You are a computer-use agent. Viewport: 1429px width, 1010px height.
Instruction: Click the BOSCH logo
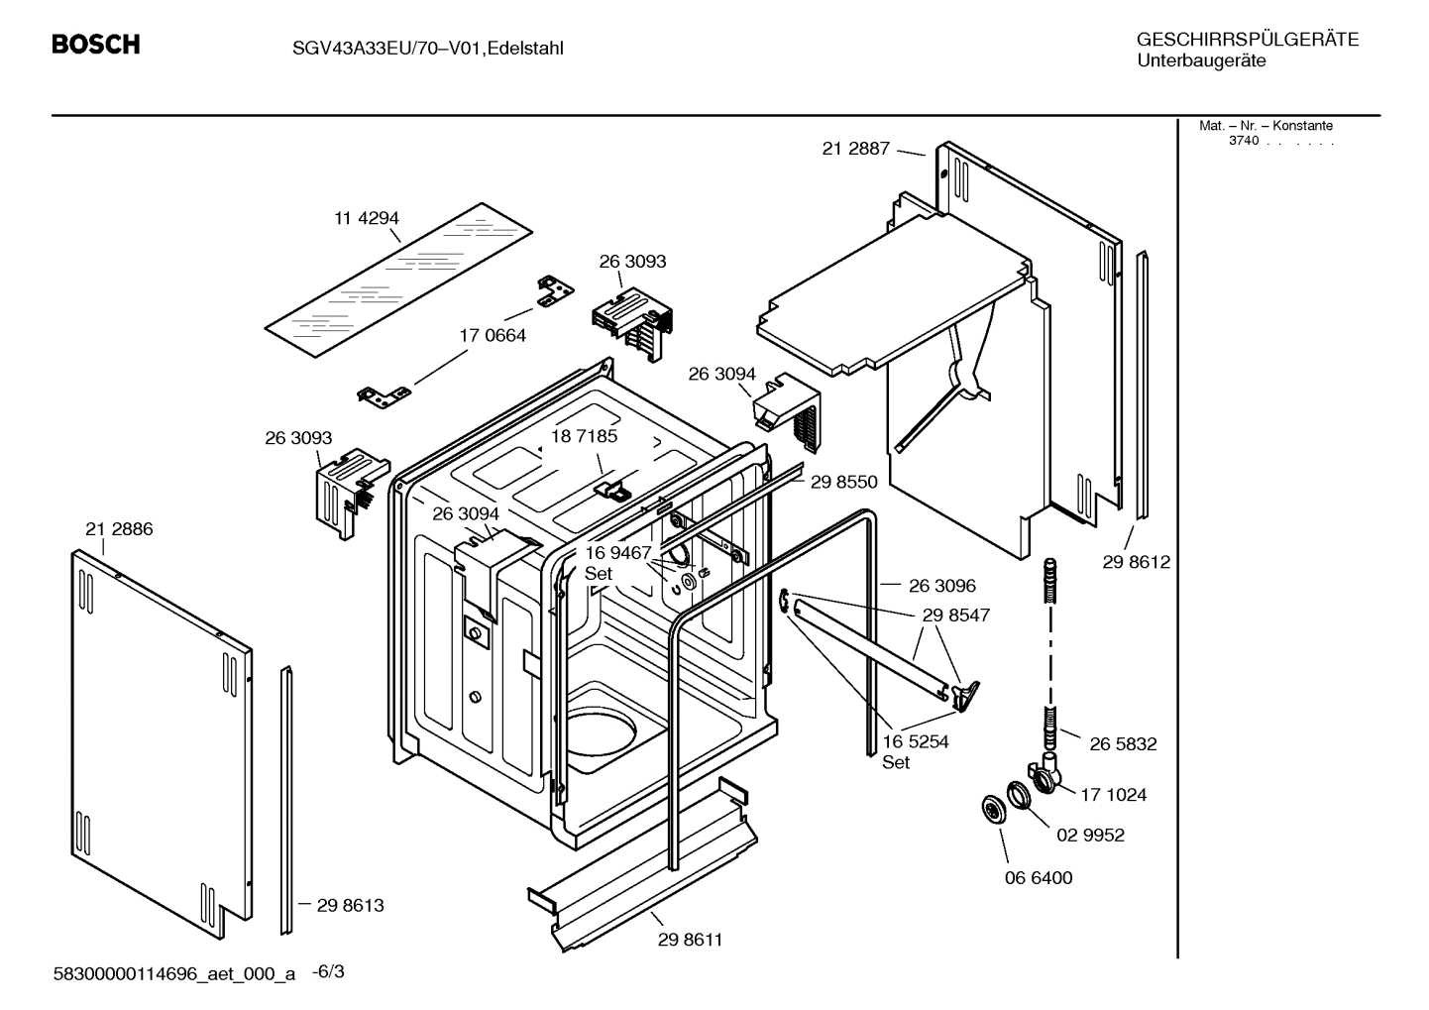pyautogui.click(x=95, y=45)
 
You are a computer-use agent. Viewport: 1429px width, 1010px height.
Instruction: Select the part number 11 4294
pyautogui.click(x=366, y=218)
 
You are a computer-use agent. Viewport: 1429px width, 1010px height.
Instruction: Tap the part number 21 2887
pyautogui.click(x=856, y=149)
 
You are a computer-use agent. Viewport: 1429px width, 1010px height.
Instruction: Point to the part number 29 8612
pyautogui.click(x=1136, y=562)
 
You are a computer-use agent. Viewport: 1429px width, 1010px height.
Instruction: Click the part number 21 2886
pyautogui.click(x=119, y=529)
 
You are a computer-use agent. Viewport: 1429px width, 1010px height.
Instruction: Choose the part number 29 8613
pyautogui.click(x=350, y=905)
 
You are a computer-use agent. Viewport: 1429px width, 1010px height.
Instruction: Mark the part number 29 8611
pyautogui.click(x=690, y=940)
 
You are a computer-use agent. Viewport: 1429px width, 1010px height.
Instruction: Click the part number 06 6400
pyautogui.click(x=1039, y=877)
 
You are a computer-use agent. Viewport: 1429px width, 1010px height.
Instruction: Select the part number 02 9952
pyautogui.click(x=1090, y=835)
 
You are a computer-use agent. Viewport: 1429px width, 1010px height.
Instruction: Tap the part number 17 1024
pyautogui.click(x=1114, y=794)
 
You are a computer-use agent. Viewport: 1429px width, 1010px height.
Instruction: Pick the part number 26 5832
pyautogui.click(x=1123, y=743)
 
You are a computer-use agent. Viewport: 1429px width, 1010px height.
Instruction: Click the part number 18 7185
pyautogui.click(x=584, y=436)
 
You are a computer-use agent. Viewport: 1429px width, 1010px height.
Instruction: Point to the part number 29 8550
pyautogui.click(x=843, y=482)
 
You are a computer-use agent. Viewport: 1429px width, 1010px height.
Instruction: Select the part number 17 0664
pyautogui.click(x=493, y=335)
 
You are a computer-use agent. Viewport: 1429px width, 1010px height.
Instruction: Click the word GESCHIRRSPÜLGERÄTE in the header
pyautogui.click(x=1247, y=40)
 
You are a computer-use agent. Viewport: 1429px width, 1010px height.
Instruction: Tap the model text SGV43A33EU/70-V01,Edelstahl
pyautogui.click(x=428, y=48)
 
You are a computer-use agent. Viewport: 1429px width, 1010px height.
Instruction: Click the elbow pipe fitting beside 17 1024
pyautogui.click(x=1044, y=773)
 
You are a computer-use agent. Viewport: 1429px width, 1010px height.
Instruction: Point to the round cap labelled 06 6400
pyautogui.click(x=990, y=808)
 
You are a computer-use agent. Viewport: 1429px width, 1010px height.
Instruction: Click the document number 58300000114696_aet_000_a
pyautogui.click(x=173, y=973)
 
